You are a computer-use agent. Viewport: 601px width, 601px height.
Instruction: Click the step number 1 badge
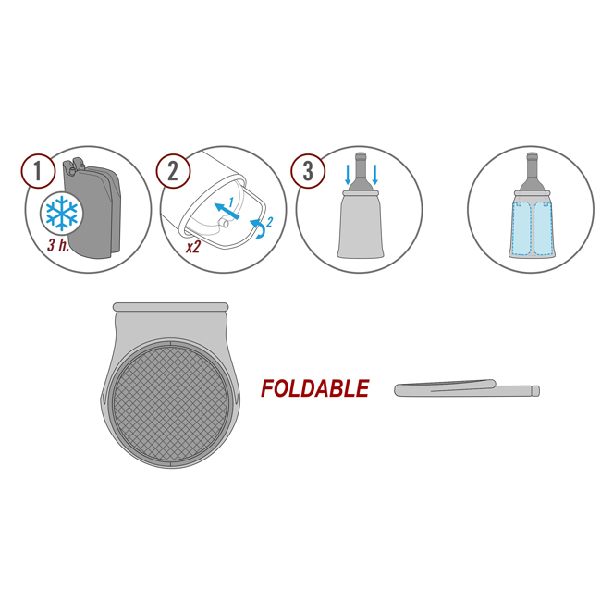pyautogui.click(x=38, y=171)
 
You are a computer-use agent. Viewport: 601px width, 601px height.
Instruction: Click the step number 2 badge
pyautogui.click(x=173, y=171)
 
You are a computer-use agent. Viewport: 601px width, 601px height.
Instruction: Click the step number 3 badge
pyautogui.click(x=308, y=171)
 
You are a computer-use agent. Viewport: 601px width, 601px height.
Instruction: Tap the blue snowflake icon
pyautogui.click(x=62, y=213)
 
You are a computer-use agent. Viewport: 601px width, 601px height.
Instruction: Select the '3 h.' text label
pyautogui.click(x=58, y=244)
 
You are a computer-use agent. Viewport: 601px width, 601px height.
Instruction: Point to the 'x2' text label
pyautogui.click(x=193, y=247)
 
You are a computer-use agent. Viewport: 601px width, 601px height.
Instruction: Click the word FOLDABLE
pyautogui.click(x=315, y=388)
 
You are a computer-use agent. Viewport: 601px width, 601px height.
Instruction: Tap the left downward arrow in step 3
pyautogui.click(x=348, y=175)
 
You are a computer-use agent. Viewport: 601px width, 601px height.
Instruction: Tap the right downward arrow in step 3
pyautogui.click(x=374, y=175)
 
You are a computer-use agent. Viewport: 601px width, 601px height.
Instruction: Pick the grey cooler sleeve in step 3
pyautogui.click(x=361, y=225)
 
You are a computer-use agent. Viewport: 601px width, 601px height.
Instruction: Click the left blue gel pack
pyautogui.click(x=522, y=228)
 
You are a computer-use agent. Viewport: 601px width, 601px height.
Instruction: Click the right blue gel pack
pyautogui.click(x=544, y=228)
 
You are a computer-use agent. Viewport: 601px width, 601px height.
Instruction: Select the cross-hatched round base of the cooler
pyautogui.click(x=170, y=402)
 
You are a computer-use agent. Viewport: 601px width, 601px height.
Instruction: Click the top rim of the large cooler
pyautogui.click(x=170, y=307)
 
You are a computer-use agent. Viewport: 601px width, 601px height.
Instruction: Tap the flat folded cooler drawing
pyautogui.click(x=467, y=388)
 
